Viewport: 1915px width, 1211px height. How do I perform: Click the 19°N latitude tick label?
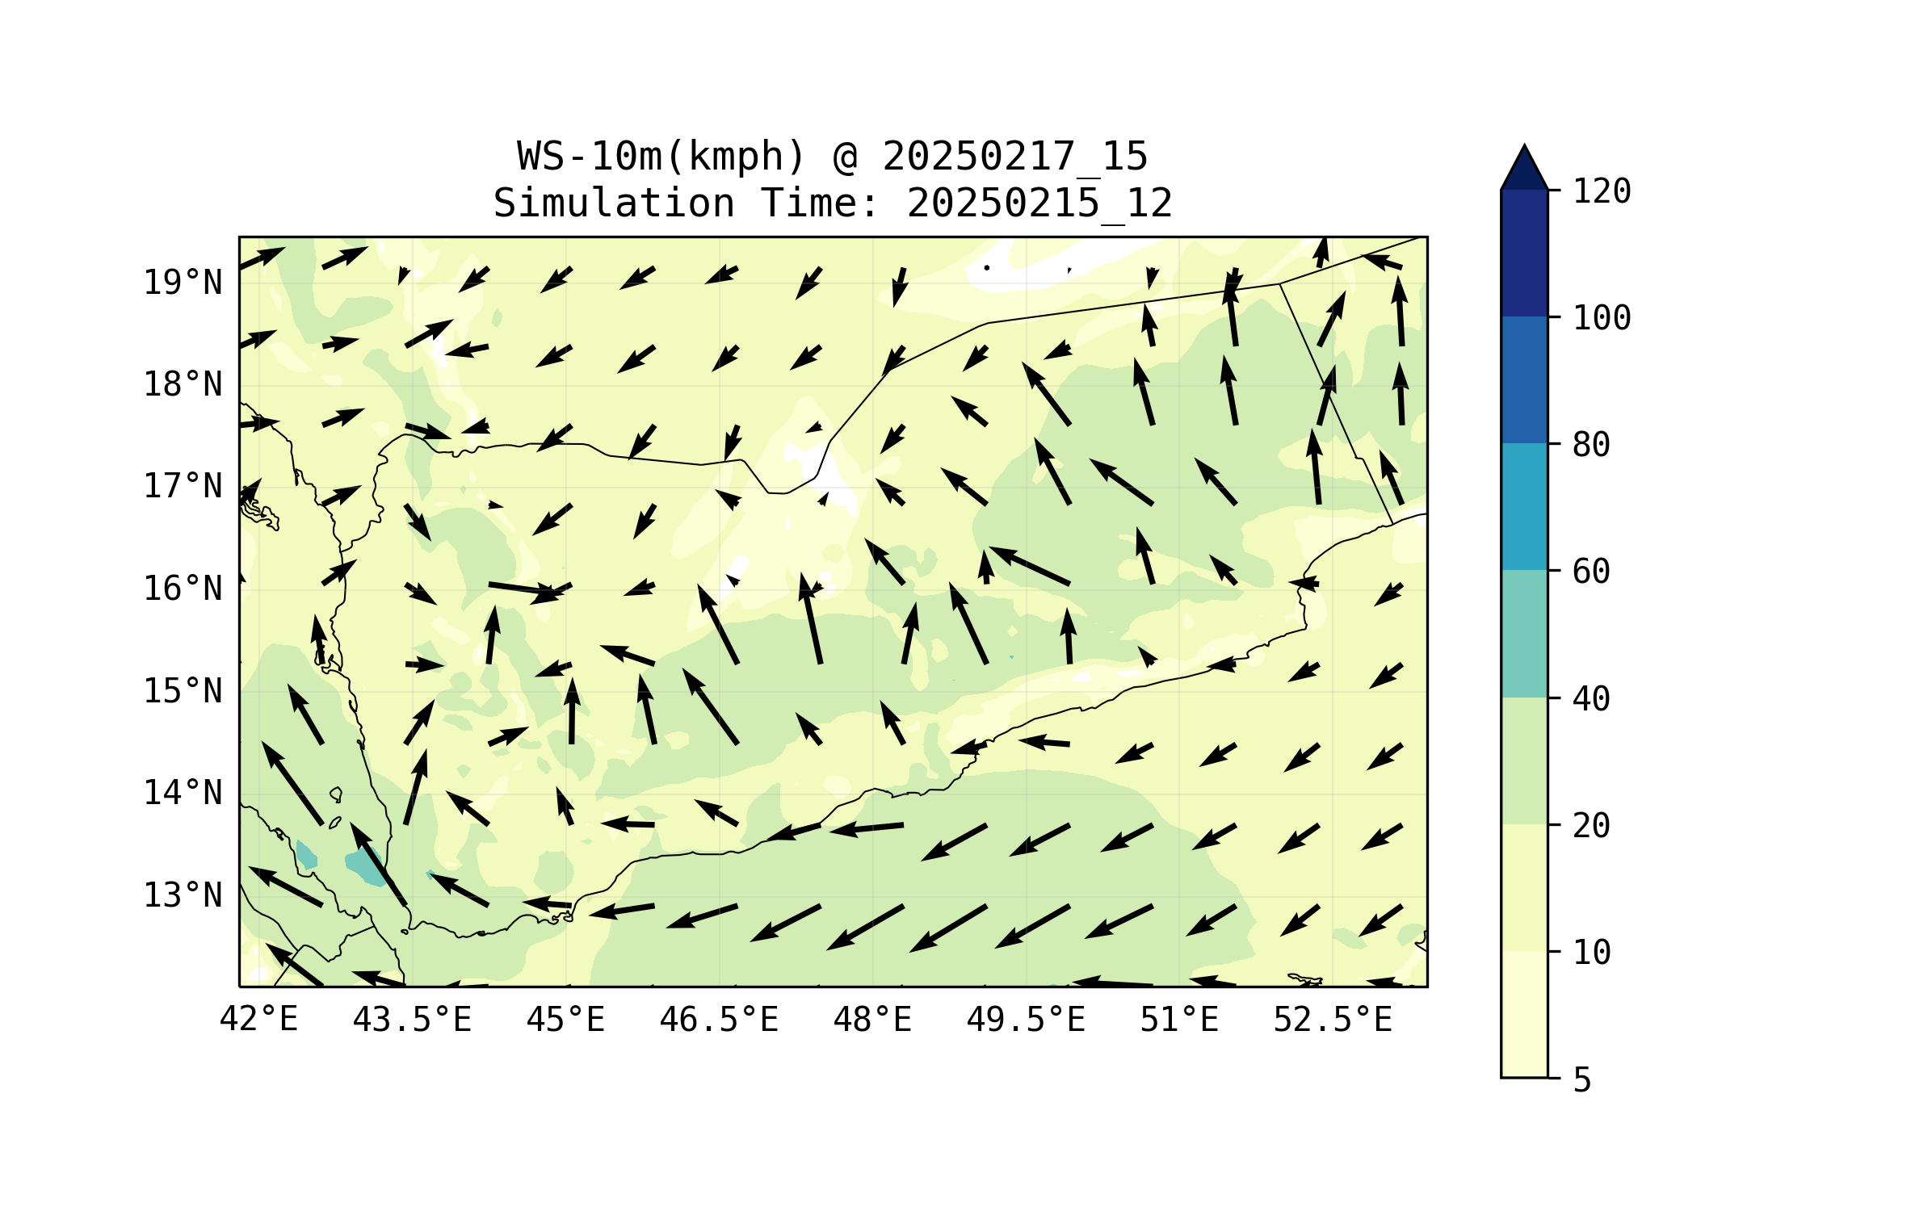[183, 283]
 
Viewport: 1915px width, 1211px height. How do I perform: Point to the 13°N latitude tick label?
[183, 895]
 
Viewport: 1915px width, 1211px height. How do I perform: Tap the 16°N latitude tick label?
[183, 589]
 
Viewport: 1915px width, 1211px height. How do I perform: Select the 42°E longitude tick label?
[258, 1020]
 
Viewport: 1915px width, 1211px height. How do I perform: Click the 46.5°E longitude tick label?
[719, 1020]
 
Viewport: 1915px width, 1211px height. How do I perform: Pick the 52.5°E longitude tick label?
[1333, 1020]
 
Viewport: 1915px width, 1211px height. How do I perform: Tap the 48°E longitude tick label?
[872, 1020]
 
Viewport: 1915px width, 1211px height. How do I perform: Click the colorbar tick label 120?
[1602, 191]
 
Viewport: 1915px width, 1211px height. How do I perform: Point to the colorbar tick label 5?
[1582, 1080]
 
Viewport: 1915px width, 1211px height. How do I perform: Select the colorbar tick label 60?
[1591, 572]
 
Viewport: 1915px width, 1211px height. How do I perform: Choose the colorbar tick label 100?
[1602, 318]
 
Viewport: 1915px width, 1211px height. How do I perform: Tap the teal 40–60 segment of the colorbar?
[1524, 634]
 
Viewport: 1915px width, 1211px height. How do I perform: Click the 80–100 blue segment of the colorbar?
[1524, 379]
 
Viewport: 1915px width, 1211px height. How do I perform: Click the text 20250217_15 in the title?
[1014, 157]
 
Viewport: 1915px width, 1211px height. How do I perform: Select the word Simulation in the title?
[614, 203]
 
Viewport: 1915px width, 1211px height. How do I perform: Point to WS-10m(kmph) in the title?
[661, 157]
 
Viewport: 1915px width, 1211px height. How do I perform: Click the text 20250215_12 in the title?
[1039, 203]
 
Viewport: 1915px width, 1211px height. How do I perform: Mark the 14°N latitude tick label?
[183, 793]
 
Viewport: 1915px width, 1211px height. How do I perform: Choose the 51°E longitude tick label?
[1179, 1020]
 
